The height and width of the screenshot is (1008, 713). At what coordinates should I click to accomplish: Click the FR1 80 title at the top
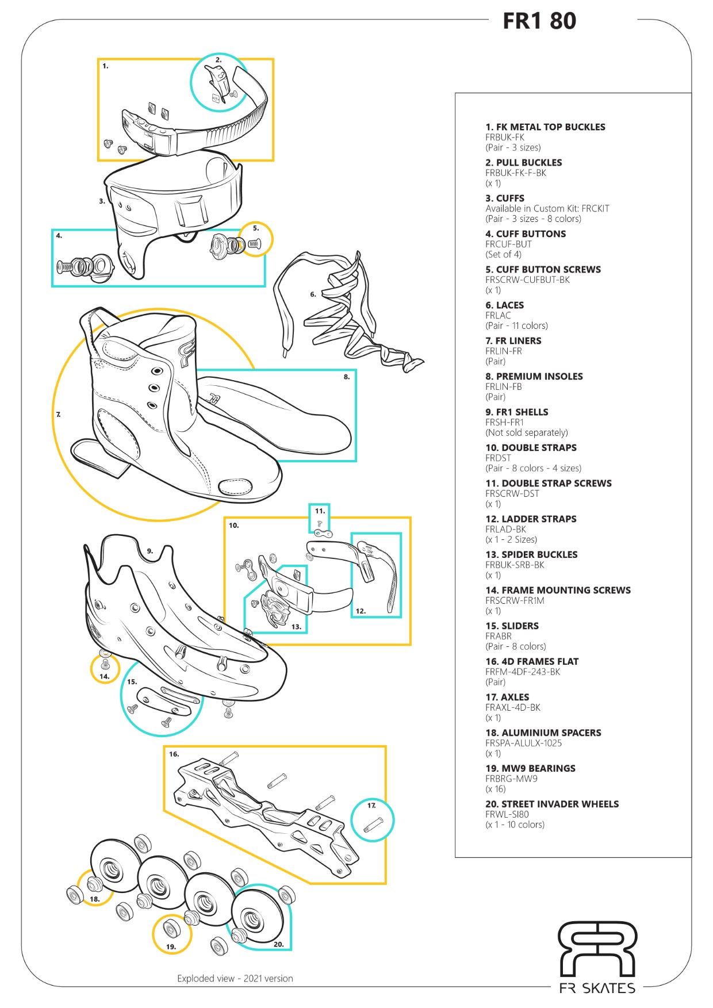coord(539,21)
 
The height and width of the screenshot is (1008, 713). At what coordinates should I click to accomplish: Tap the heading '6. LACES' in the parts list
coord(504,305)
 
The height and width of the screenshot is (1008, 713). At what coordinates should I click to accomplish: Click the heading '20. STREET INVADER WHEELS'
coord(552,804)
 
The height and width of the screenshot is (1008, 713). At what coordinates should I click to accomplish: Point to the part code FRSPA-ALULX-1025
coord(523,743)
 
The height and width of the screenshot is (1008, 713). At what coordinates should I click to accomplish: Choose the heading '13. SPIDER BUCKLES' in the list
coord(531,554)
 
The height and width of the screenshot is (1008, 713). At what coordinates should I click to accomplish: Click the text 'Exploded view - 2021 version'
coord(235,978)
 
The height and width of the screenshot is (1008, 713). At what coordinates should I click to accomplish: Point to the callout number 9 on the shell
coord(149,551)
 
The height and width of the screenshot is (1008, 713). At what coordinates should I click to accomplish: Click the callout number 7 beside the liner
coord(58,414)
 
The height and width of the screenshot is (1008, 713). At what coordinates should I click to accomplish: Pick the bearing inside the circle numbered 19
coord(170,927)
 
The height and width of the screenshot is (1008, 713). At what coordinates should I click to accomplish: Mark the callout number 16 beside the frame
coord(174,754)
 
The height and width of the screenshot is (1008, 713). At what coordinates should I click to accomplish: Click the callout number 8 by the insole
coord(346,377)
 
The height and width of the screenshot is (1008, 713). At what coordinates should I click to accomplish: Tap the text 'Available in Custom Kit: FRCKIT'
coord(547,209)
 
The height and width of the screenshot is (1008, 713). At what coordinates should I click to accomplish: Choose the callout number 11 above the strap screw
coord(320,511)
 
